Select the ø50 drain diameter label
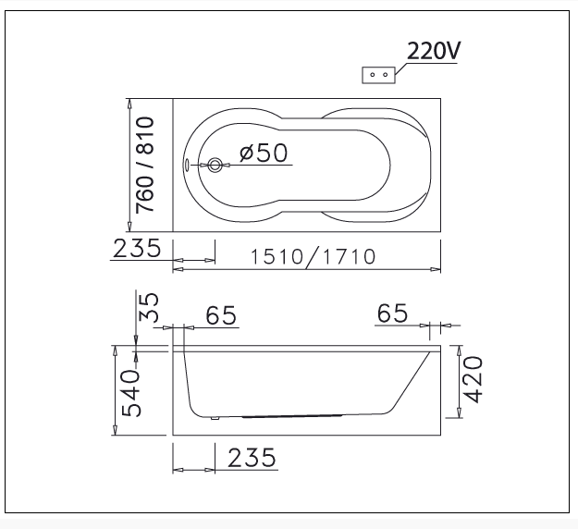264,153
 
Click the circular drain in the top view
215,166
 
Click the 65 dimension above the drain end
221,315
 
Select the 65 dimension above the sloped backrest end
392,314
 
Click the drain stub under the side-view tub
214,417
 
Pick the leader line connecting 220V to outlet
400,63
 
